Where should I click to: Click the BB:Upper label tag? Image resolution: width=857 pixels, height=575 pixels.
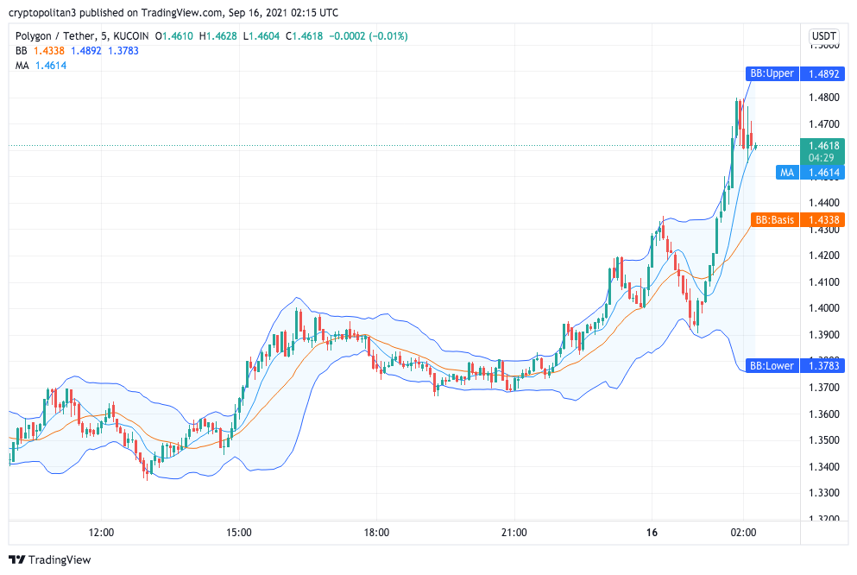pos(771,73)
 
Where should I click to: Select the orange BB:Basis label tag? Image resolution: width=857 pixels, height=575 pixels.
pos(773,220)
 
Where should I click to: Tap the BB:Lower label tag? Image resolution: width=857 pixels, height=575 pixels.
pos(771,366)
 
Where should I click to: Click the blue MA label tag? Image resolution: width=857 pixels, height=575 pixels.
pos(786,173)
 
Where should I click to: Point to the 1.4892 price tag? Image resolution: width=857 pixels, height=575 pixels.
pos(823,73)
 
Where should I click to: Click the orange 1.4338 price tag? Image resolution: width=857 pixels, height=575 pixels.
pos(823,220)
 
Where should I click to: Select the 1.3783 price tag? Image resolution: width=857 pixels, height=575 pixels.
pos(823,366)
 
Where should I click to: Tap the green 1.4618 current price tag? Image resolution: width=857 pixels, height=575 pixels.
pos(823,151)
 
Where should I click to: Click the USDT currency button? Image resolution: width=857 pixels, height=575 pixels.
pos(823,36)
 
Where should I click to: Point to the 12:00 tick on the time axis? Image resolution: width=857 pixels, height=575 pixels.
pos(102,533)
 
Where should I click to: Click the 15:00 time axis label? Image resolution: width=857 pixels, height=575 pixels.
pos(239,533)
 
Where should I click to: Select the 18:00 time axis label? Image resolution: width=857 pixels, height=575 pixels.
pos(376,533)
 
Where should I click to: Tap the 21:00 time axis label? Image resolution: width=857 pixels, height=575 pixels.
pos(514,533)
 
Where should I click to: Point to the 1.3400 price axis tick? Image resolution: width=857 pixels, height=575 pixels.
pos(823,467)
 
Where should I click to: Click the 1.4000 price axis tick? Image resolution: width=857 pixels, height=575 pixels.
pos(823,308)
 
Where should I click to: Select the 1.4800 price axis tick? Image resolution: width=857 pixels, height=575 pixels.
pos(823,98)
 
